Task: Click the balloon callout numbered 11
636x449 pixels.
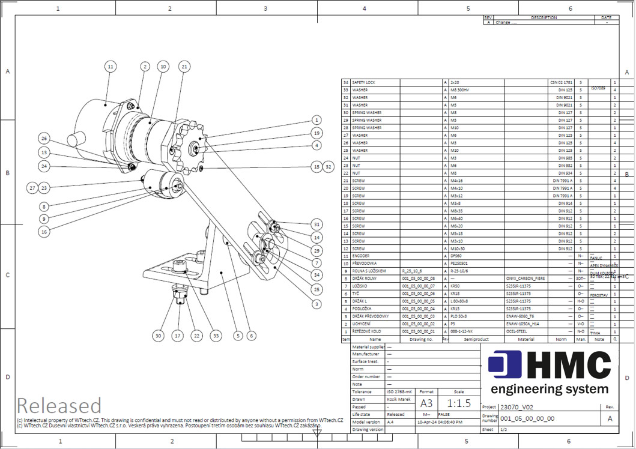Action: (110, 67)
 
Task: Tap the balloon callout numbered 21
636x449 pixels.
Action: (184, 67)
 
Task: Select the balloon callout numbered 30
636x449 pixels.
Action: (158, 336)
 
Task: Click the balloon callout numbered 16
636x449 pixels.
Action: (44, 231)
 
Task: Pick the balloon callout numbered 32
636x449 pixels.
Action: (328, 166)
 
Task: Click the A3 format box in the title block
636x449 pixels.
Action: (426, 403)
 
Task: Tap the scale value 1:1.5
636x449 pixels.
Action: (459, 403)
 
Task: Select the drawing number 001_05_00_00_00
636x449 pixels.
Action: (527, 418)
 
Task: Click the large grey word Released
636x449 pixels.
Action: (59, 406)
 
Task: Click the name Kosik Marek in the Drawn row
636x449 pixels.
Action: (399, 399)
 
